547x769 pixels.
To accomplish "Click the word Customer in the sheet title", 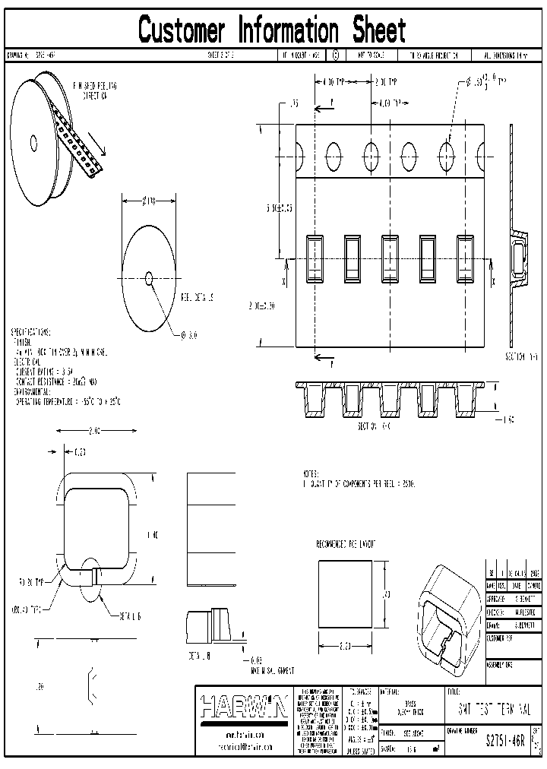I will coord(182,30).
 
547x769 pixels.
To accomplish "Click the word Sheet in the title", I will coord(378,30).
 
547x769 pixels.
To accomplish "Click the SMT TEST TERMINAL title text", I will coord(495,707).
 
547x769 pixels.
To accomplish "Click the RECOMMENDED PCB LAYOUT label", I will coord(346,545).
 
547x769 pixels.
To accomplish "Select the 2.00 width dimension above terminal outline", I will coord(94,431).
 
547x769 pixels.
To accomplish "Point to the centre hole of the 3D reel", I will coord(33,142).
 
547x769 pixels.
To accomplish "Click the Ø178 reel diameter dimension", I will coord(149,201).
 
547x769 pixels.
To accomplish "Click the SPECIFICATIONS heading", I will coord(30,333).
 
